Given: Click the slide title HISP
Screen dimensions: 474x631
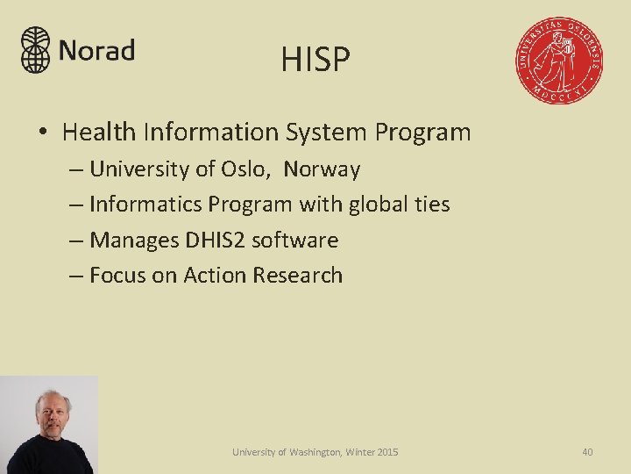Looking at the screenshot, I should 315,60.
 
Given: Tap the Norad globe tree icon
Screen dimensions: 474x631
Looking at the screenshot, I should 36,49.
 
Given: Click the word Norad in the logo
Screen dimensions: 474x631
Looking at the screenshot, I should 96,51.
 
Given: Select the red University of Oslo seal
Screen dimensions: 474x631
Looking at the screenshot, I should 558,61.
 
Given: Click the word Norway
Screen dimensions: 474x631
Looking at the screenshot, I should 322,169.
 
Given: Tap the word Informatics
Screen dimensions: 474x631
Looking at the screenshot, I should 145,205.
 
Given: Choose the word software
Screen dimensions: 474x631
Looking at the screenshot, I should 294,240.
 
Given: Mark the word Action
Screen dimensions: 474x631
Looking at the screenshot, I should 215,276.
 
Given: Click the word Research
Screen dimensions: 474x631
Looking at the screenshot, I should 298,276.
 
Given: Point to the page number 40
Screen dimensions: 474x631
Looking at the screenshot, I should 587,452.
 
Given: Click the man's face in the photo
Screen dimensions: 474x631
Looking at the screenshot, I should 53,414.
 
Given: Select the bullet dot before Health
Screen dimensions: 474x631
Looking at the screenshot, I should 42,133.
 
